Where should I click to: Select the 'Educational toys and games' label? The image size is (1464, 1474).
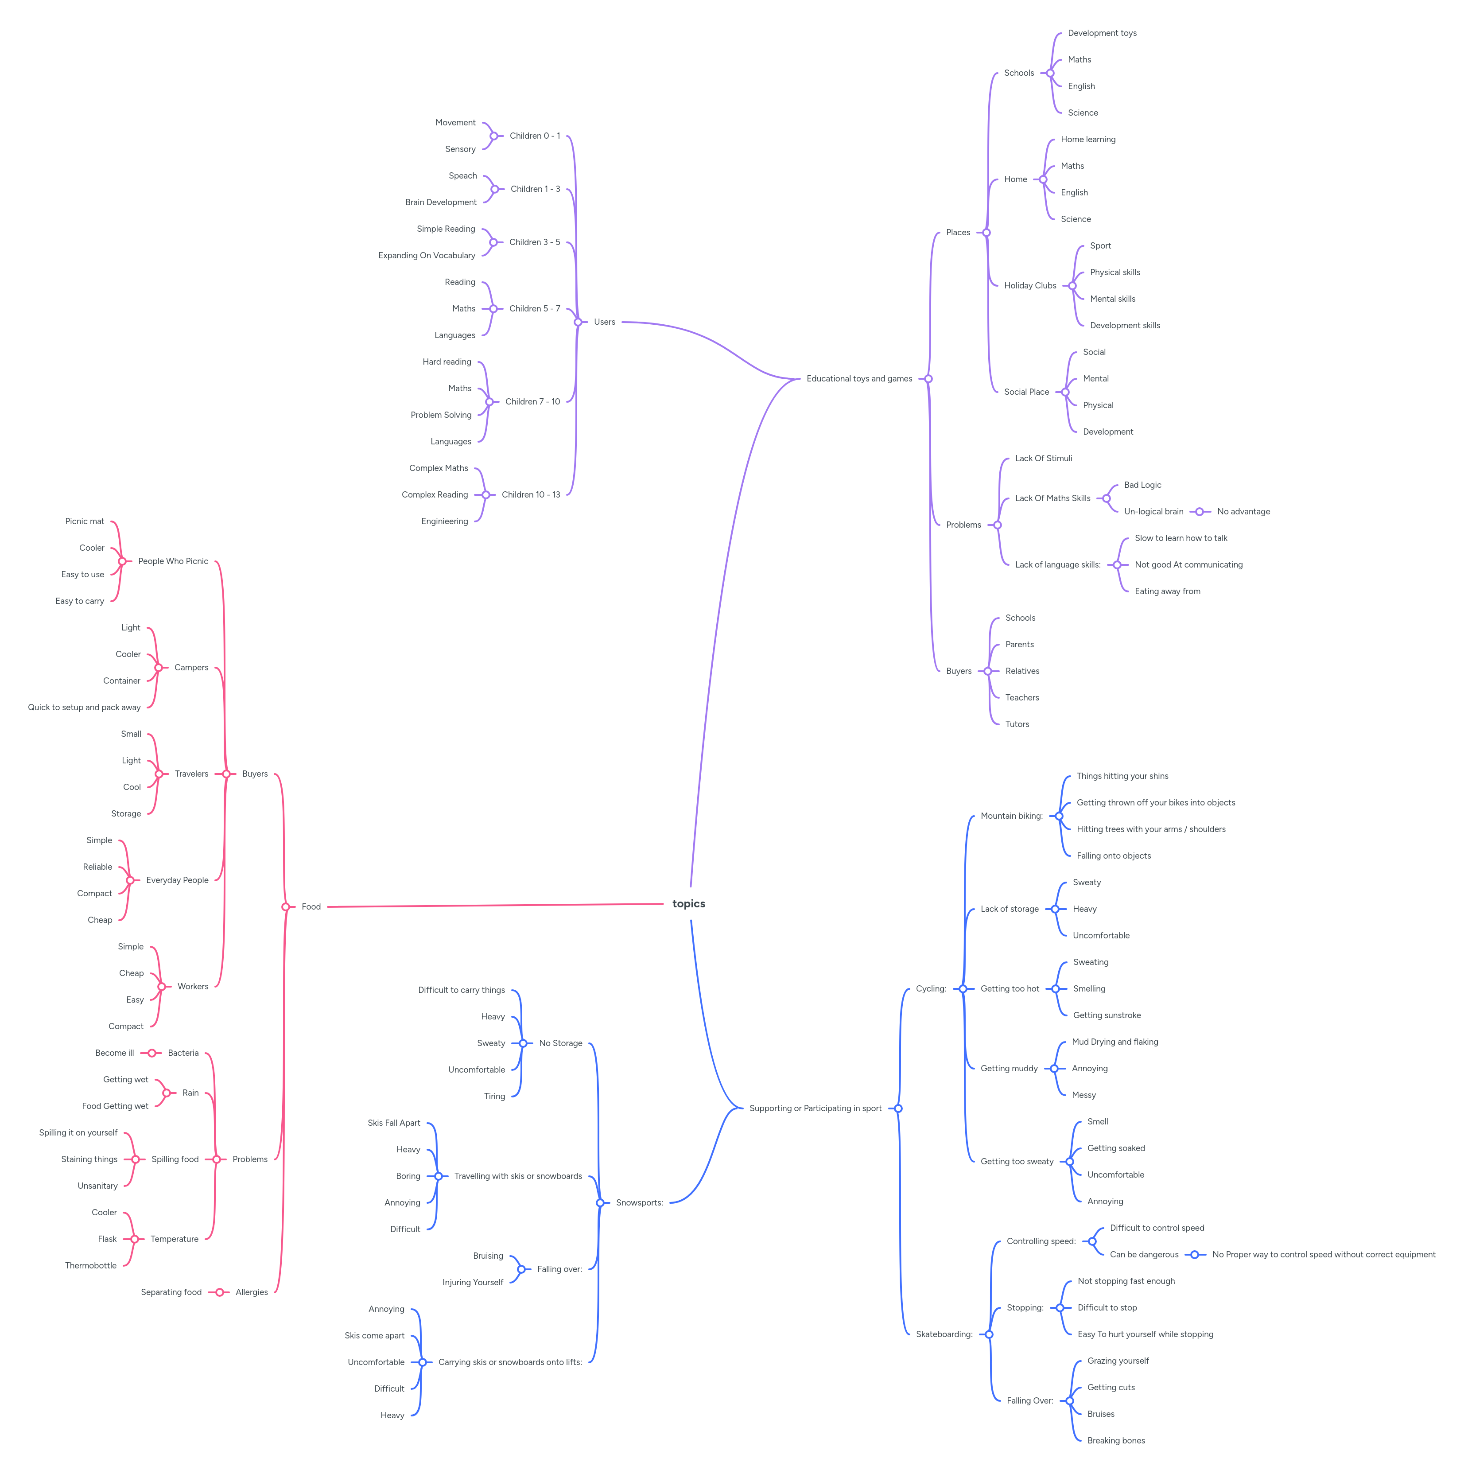tap(859, 378)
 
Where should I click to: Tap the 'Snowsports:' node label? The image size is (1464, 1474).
tap(639, 1202)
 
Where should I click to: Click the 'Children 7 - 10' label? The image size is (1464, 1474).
tap(532, 401)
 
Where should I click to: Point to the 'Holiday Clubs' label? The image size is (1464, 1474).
tap(1030, 285)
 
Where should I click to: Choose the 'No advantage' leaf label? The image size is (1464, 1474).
tap(1243, 511)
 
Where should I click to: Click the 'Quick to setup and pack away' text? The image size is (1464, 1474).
tap(84, 707)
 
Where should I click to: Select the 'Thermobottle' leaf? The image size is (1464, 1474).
tap(91, 1265)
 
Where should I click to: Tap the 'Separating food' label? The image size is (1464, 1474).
tap(171, 1291)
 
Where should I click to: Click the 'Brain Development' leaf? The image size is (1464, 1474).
tap(441, 202)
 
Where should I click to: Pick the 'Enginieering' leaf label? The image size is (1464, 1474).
tap(445, 521)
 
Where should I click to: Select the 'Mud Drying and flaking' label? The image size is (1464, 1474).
tap(1115, 1042)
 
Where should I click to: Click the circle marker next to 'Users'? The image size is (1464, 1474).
tap(578, 322)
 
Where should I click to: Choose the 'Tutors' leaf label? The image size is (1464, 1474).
tap(1017, 724)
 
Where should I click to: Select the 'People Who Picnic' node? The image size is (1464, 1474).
tap(173, 561)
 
